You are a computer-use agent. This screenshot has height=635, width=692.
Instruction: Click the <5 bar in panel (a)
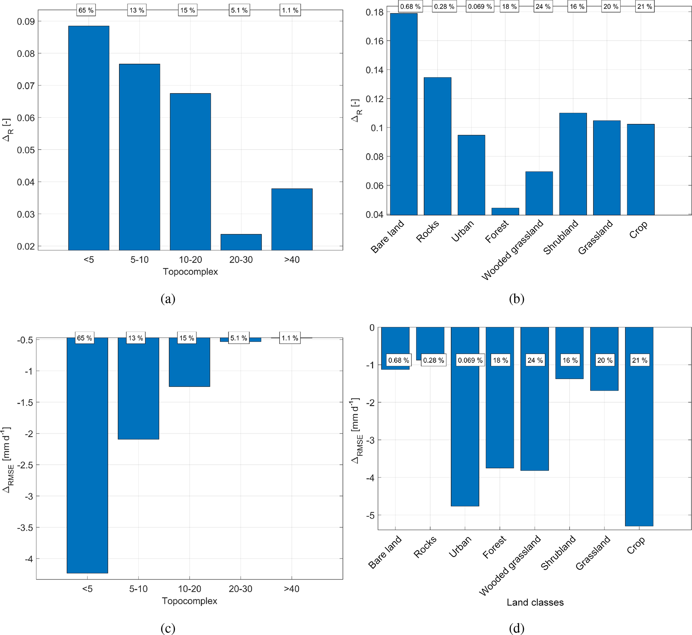click(x=89, y=138)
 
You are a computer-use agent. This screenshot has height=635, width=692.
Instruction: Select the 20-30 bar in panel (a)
click(x=241, y=242)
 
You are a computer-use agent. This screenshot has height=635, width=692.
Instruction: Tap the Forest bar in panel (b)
click(x=505, y=211)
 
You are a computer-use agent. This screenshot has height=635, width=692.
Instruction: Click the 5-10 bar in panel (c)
click(x=138, y=388)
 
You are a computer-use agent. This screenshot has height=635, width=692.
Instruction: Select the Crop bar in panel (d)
click(x=639, y=426)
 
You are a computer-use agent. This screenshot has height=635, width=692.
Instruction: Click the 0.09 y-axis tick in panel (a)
click(x=26, y=22)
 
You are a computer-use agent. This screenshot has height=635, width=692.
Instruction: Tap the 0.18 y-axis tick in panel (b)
click(x=374, y=13)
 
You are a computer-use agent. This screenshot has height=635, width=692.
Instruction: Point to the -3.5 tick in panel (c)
click(x=25, y=528)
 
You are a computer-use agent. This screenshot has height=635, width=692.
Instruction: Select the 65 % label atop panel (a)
click(x=86, y=10)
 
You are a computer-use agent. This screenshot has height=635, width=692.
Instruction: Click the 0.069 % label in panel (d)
click(x=470, y=360)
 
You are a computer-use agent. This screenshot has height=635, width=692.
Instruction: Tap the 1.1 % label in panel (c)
click(x=290, y=338)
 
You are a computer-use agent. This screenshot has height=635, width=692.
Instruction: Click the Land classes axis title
click(x=535, y=602)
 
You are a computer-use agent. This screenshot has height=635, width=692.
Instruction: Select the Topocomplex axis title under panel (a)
click(x=190, y=271)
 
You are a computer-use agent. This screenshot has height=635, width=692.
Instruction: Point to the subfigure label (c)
click(x=168, y=628)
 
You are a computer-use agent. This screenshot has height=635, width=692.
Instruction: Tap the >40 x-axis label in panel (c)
click(x=292, y=588)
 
